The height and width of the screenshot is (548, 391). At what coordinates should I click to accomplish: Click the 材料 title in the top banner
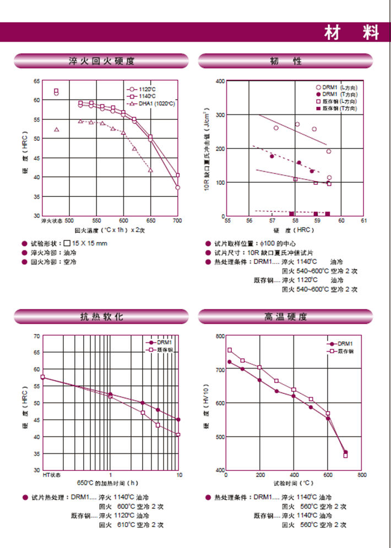(x=351, y=32)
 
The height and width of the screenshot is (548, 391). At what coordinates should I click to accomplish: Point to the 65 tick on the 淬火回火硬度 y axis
(x=37, y=81)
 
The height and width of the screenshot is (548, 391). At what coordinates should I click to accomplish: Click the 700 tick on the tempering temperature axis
(x=177, y=220)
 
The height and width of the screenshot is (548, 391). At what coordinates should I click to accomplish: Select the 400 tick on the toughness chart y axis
(x=219, y=81)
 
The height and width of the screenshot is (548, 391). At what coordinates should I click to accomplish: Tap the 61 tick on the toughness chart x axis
(x=363, y=220)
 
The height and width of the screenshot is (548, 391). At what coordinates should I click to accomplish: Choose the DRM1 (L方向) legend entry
(x=340, y=87)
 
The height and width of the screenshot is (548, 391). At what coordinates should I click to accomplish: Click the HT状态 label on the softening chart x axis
(x=52, y=474)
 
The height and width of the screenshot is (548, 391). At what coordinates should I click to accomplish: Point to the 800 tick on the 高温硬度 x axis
(x=362, y=474)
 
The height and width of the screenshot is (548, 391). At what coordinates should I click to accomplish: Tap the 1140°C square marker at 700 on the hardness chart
(x=177, y=176)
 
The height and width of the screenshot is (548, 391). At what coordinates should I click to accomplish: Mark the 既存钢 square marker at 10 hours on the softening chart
(x=178, y=435)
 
